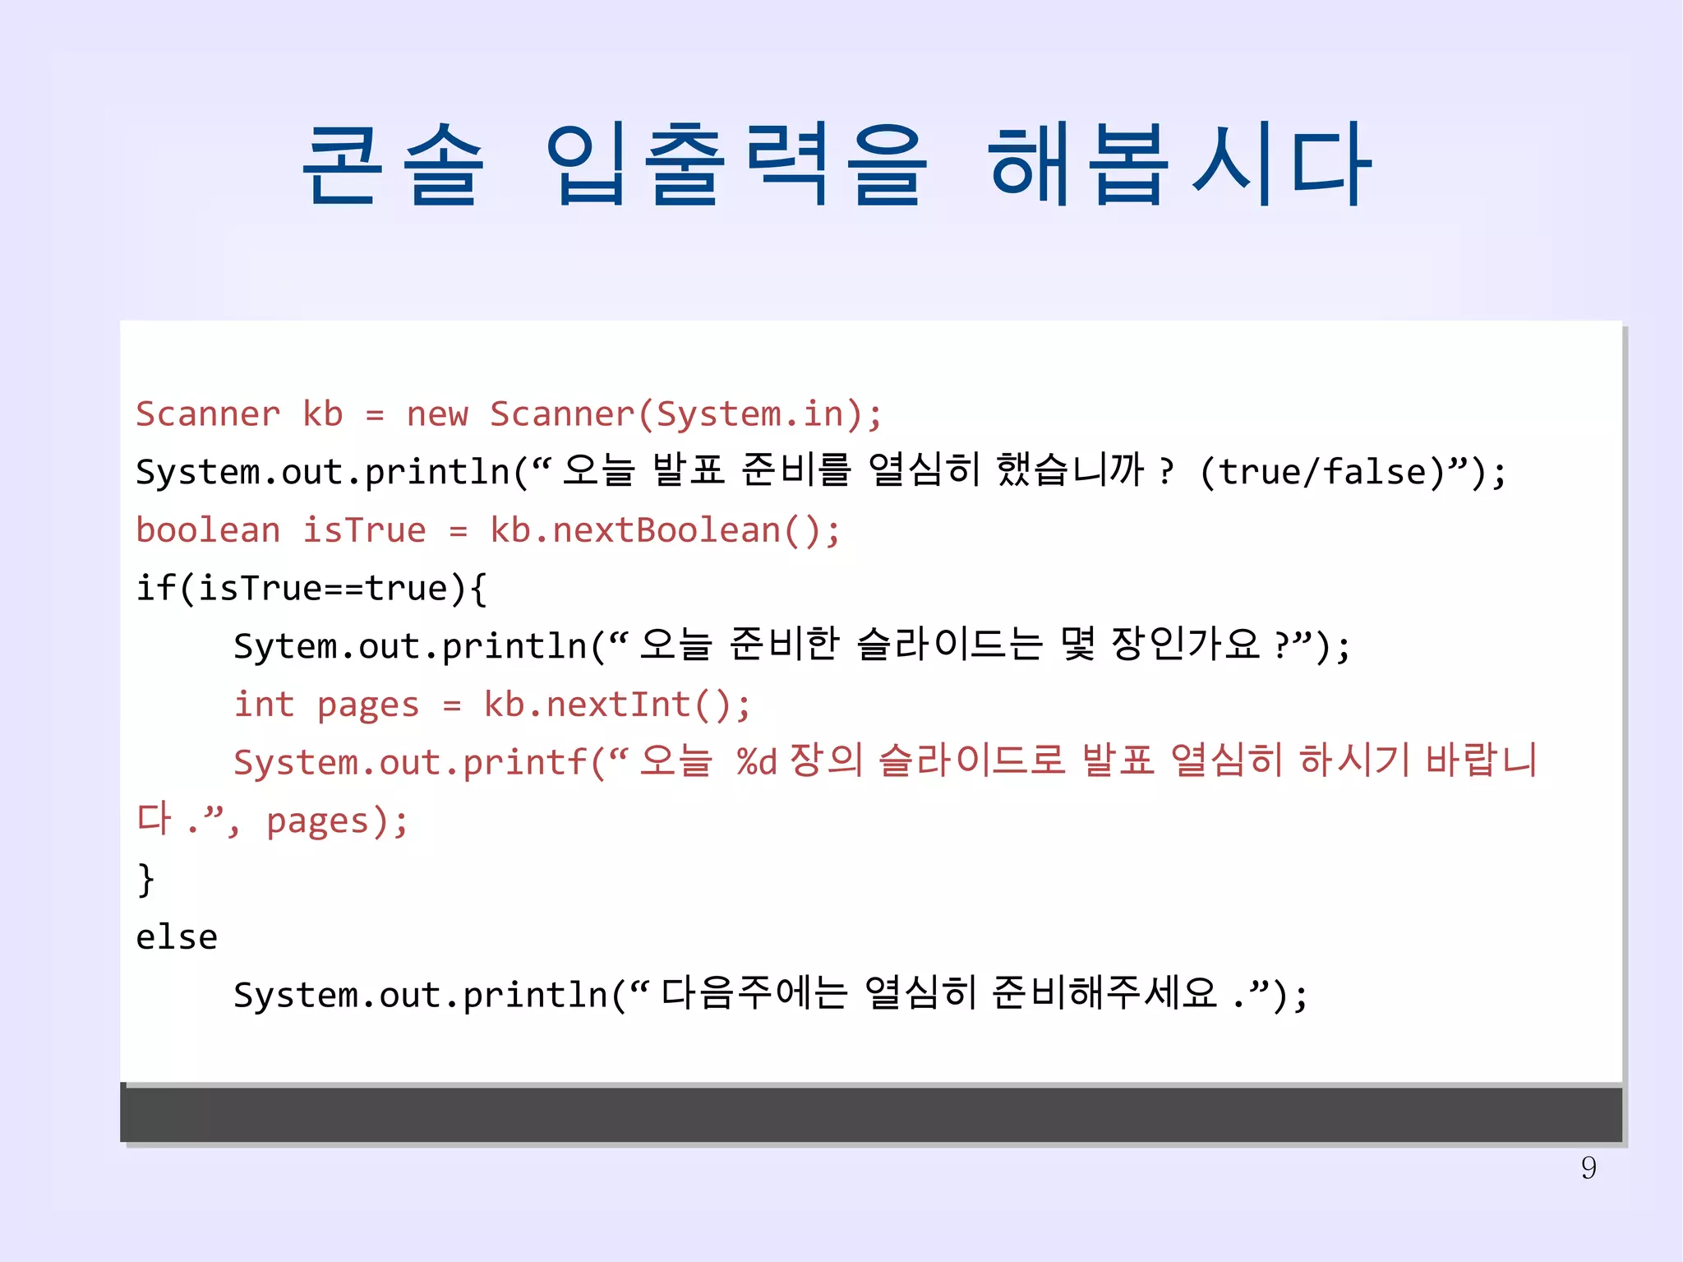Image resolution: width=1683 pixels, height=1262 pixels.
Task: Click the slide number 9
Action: click(x=1588, y=1167)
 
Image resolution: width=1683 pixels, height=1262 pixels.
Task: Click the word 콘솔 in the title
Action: click(x=393, y=164)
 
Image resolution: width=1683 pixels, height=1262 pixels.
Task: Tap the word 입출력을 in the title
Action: click(x=736, y=164)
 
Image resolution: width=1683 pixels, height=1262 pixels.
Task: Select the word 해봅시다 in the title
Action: click(x=1178, y=164)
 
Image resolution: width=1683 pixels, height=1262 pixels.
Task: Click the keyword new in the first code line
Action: click(x=437, y=414)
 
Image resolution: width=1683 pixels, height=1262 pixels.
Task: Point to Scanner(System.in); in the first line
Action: click(x=685, y=414)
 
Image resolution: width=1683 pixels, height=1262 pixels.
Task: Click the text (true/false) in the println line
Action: click(x=1331, y=472)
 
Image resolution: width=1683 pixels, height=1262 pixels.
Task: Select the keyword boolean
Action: click(x=208, y=530)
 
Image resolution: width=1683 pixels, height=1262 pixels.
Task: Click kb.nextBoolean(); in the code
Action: click(x=665, y=530)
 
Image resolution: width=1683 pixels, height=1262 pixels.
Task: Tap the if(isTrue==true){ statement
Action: click(x=311, y=589)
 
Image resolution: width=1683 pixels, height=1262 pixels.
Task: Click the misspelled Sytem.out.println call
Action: click(x=411, y=646)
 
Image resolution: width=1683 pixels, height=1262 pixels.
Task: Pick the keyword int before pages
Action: click(x=264, y=705)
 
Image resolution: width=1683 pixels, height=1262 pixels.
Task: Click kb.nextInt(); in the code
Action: click(x=616, y=705)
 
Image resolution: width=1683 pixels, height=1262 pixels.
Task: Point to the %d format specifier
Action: click(x=757, y=762)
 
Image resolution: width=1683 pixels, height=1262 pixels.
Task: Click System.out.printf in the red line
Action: click(x=411, y=763)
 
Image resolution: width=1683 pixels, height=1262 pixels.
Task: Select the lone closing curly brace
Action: click(x=145, y=879)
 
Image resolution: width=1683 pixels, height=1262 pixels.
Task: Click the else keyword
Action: click(x=177, y=937)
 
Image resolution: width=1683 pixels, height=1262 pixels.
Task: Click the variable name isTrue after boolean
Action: click(x=364, y=530)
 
